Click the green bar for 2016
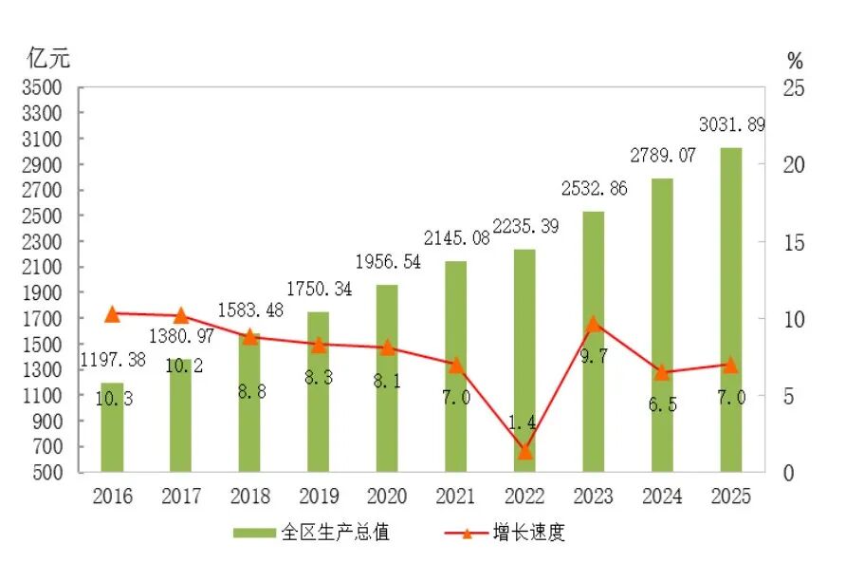(112, 427)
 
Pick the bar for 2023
(593, 342)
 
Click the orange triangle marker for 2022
(524, 451)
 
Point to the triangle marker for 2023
(593, 324)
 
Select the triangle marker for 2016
(112, 314)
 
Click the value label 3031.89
(731, 125)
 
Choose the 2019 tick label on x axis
(318, 497)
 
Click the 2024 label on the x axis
(662, 497)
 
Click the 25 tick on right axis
(792, 88)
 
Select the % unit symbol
(795, 62)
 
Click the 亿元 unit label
(48, 58)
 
